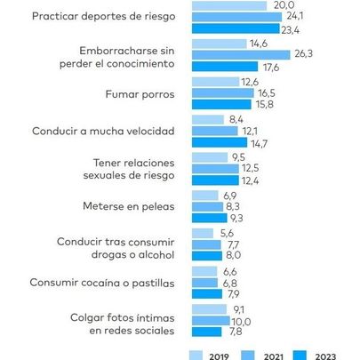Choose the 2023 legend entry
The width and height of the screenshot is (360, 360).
click(x=322, y=355)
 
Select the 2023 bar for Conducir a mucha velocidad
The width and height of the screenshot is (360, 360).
click(x=223, y=142)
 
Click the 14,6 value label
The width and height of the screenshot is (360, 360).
click(x=259, y=43)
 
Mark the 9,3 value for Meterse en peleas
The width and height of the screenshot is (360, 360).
click(x=236, y=218)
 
